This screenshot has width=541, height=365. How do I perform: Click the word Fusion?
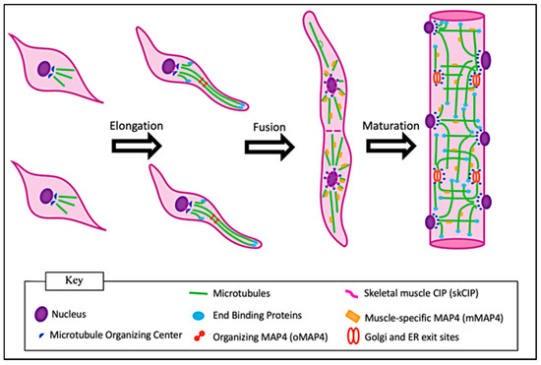coord(267,125)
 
